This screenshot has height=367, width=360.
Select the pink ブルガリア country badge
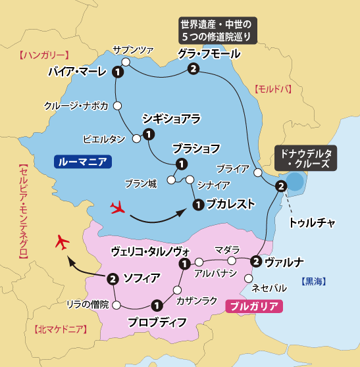(254, 306)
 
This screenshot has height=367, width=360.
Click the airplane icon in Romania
(119, 208)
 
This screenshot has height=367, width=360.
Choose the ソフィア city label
(141, 278)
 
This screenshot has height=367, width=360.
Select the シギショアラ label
(171, 118)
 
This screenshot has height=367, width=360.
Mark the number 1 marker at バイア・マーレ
(118, 72)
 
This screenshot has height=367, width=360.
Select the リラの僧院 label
(89, 304)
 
